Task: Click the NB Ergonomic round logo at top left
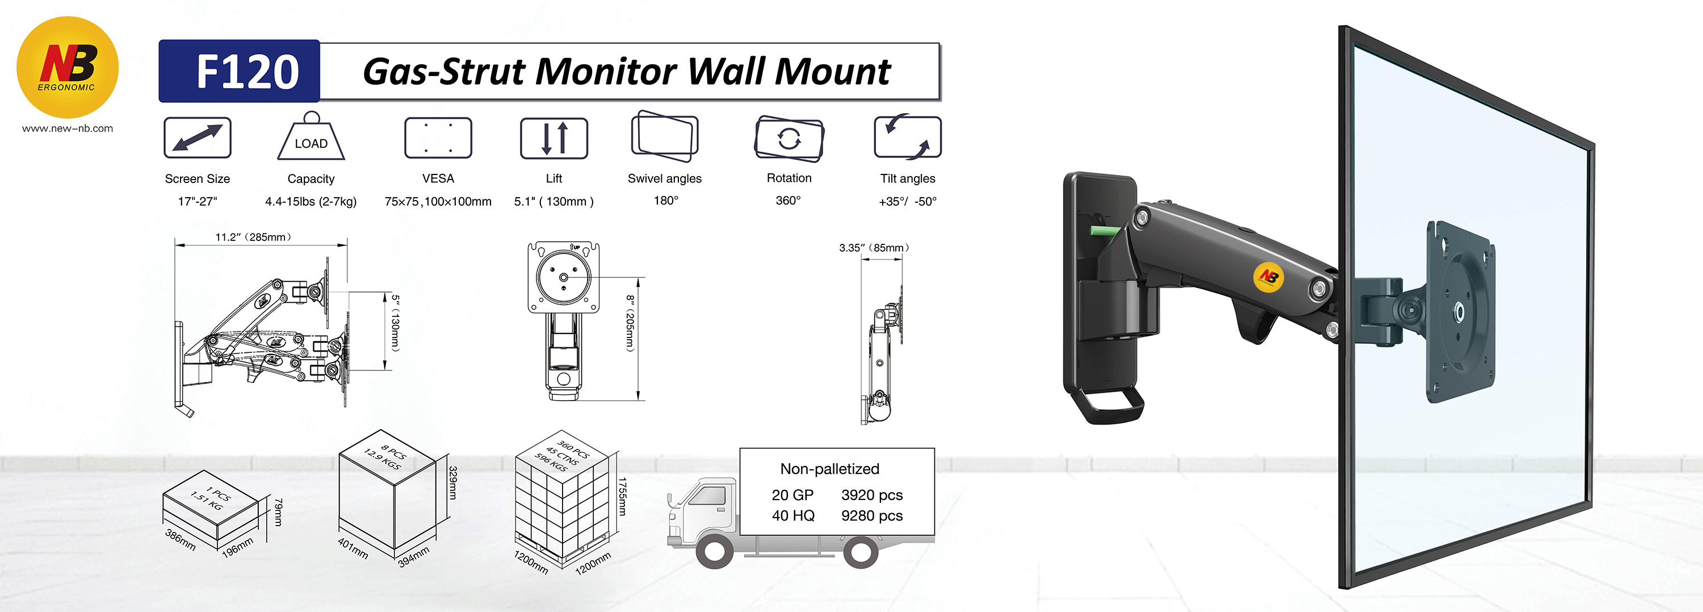click(x=67, y=68)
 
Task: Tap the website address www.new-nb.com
click(x=68, y=128)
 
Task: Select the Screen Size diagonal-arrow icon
click(x=197, y=138)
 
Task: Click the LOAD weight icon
click(x=311, y=137)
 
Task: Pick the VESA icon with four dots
click(x=438, y=138)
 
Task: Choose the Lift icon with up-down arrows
click(x=553, y=138)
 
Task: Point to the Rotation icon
click(x=788, y=138)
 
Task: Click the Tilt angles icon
click(x=907, y=137)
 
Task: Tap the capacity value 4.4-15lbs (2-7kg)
click(x=311, y=201)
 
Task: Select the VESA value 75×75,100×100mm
click(x=438, y=201)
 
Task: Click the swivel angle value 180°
click(x=666, y=201)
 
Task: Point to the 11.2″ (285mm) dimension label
click(x=253, y=237)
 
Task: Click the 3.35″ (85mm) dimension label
click(x=874, y=247)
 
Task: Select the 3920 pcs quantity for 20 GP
click(x=871, y=495)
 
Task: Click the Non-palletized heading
click(x=830, y=468)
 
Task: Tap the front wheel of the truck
click(x=714, y=551)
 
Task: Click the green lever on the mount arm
click(x=1105, y=231)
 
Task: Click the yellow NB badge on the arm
click(x=1268, y=277)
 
